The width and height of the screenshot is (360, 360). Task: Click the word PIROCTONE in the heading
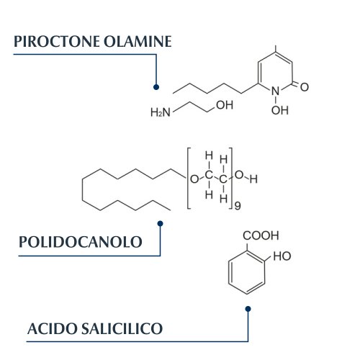[x=57, y=42]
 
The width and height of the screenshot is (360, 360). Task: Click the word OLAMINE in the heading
[x=138, y=42]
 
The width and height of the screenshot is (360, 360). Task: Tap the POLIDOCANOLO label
[x=81, y=242]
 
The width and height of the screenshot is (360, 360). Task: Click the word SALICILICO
[x=122, y=328]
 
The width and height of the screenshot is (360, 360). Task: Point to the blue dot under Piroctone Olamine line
[x=156, y=87]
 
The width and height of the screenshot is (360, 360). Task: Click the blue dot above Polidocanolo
[x=161, y=224]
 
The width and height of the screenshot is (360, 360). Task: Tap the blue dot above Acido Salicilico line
[x=248, y=309]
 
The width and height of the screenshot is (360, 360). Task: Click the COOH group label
[x=261, y=235]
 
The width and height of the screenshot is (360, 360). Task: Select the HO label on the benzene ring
[x=282, y=256]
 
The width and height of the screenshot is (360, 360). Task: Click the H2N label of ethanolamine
[x=161, y=112]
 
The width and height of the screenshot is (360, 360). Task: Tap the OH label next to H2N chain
[x=225, y=105]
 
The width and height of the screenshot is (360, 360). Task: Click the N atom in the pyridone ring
[x=276, y=91]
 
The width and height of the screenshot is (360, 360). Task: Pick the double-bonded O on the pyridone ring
[x=305, y=87]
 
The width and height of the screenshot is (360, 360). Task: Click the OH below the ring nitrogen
[x=280, y=110]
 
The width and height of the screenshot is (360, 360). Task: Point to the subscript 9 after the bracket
[x=238, y=206]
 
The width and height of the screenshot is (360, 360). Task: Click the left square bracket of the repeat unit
[x=189, y=179]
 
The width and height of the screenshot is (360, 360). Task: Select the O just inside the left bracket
[x=194, y=179]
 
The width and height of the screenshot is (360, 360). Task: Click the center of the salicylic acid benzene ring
[x=247, y=272]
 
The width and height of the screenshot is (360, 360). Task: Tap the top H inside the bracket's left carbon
[x=209, y=156]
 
